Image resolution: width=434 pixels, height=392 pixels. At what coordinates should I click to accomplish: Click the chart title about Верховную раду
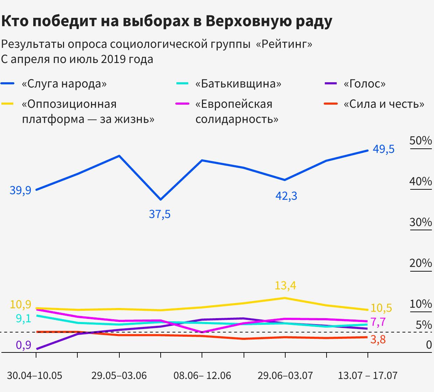[167, 22]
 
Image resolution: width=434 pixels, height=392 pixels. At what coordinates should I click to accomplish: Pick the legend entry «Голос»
[364, 84]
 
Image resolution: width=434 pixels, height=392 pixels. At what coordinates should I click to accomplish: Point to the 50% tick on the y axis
[421, 141]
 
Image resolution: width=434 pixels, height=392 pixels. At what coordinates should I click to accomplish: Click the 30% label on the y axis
[421, 222]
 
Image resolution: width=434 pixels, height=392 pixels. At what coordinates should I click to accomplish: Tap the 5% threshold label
[424, 325]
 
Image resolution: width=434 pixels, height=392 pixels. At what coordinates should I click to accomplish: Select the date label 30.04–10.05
[35, 376]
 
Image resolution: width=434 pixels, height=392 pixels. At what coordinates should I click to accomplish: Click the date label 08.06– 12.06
[202, 376]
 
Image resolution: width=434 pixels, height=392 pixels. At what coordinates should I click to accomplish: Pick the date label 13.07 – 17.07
[367, 376]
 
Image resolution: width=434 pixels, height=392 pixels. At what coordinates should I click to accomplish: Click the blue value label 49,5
[383, 149]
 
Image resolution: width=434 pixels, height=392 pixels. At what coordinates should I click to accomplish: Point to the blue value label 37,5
[160, 214]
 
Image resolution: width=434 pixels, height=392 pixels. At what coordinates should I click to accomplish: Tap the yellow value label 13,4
[285, 286]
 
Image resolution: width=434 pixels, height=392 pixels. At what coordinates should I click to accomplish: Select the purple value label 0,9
[23, 345]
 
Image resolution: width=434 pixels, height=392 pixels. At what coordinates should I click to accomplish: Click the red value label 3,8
[378, 339]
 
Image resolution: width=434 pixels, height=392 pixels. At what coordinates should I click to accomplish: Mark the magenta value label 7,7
[378, 322]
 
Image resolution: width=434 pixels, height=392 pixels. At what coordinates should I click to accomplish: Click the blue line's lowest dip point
[161, 199]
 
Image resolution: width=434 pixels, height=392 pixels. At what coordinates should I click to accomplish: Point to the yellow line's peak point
[285, 298]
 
